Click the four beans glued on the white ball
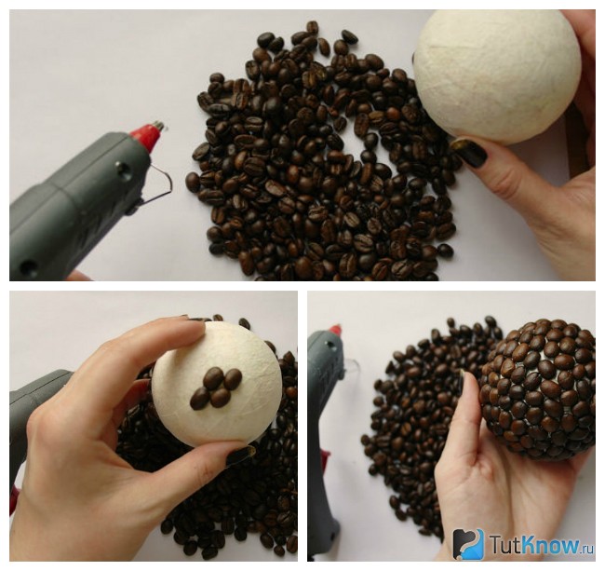216,387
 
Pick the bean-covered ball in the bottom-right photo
537,389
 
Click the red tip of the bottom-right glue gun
335,330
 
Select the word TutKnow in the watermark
534,544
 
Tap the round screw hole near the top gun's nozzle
123,167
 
